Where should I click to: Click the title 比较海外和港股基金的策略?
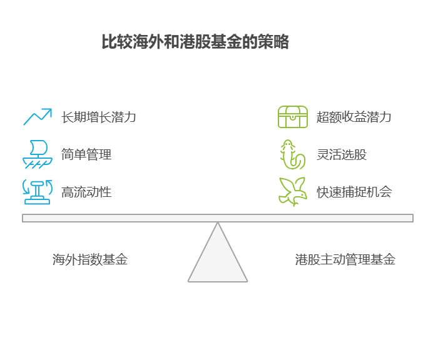(x=195, y=42)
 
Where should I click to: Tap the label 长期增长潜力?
(x=99, y=117)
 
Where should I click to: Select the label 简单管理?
(x=86, y=154)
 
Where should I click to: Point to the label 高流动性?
(x=86, y=192)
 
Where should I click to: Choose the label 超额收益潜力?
(x=354, y=117)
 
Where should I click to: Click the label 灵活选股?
(x=341, y=154)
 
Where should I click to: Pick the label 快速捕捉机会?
(x=354, y=192)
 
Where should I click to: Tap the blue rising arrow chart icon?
(x=38, y=117)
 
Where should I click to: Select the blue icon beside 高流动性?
(x=38, y=192)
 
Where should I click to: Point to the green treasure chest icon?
(x=293, y=117)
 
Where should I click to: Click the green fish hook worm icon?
(x=292, y=154)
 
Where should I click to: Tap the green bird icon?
(x=292, y=192)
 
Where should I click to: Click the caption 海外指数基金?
(x=90, y=259)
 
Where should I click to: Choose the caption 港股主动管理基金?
(x=345, y=259)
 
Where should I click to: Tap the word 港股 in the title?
(x=195, y=42)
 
